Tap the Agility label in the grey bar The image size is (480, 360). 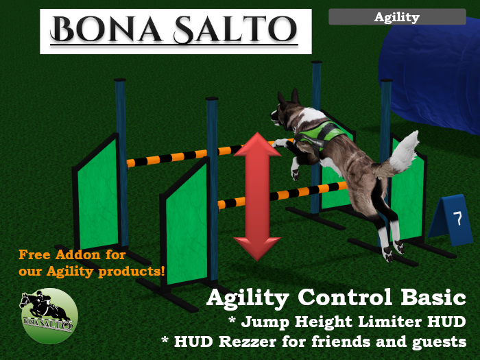pos(396,17)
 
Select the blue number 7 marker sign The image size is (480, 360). pos(456,219)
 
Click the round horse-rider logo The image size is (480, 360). pos(48,315)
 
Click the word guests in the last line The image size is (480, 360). pos(440,341)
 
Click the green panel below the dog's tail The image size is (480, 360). pos(409,199)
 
